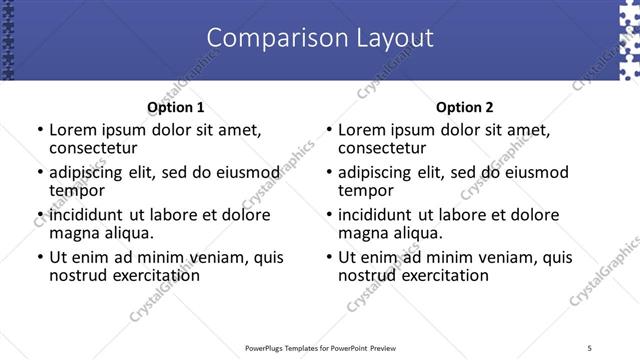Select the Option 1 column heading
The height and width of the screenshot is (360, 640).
click(175, 107)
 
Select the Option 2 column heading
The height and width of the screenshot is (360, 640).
click(464, 107)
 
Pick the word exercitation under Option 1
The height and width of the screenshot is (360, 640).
click(153, 275)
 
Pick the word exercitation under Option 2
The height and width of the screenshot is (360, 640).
click(442, 275)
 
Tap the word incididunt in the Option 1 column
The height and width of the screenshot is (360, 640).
click(86, 215)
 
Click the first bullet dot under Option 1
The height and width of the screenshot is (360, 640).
click(40, 130)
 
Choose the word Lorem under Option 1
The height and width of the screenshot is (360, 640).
click(71, 130)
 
